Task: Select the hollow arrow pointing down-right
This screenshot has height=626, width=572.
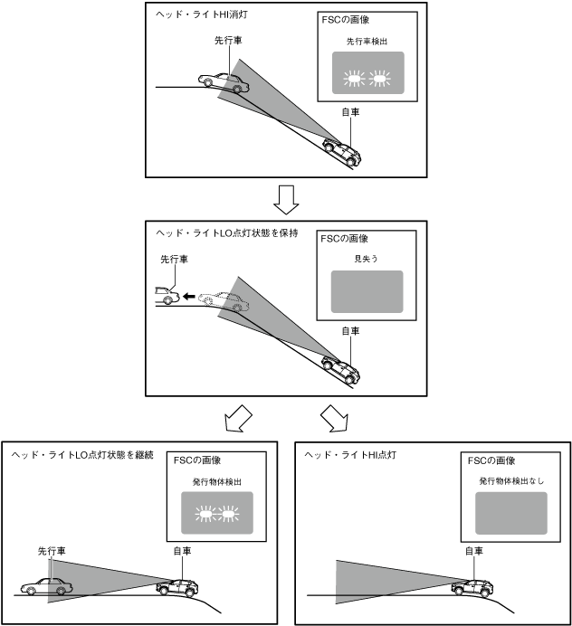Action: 334,419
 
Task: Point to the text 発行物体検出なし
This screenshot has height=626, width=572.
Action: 511,482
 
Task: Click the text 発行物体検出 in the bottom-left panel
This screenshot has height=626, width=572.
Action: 215,482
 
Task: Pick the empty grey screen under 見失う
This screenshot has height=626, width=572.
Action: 366,290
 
